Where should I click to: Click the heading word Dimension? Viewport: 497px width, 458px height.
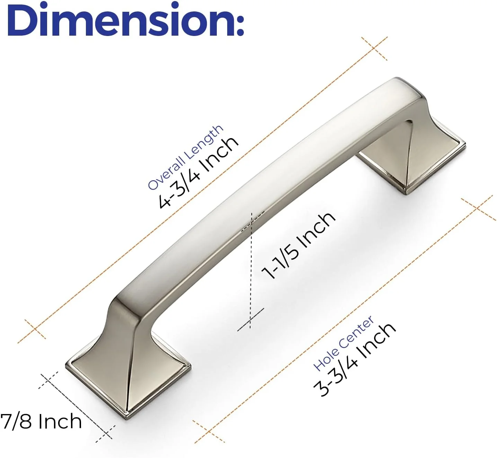[x=118, y=19]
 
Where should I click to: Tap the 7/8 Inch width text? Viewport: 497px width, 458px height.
[x=41, y=422]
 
